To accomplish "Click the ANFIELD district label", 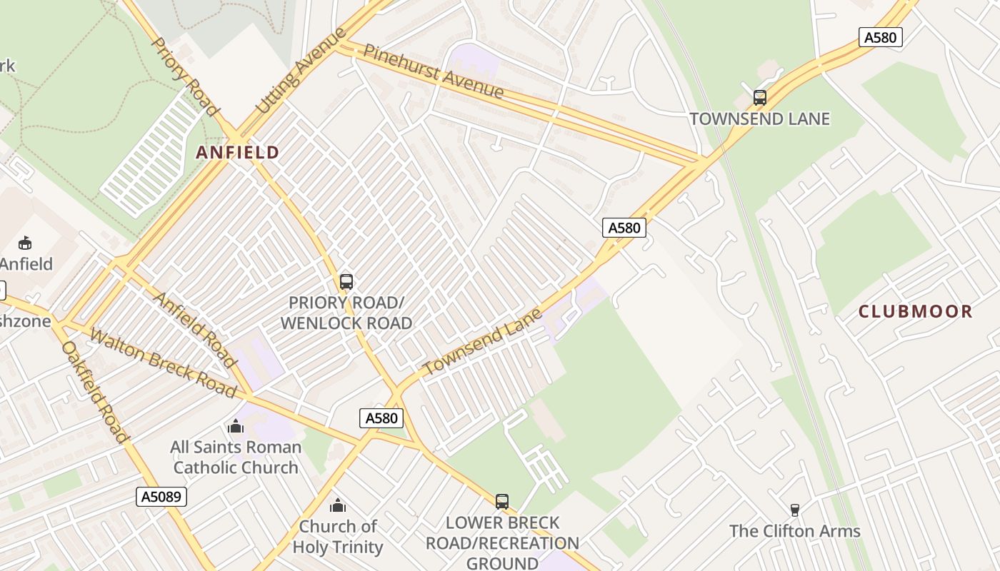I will [237, 152].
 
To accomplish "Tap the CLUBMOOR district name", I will [915, 311].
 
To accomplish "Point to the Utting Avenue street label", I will [301, 71].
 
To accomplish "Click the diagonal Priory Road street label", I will [184, 76].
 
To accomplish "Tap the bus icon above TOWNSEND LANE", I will [760, 98].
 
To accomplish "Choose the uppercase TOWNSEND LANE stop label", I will [759, 118].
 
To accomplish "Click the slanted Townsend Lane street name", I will [482, 341].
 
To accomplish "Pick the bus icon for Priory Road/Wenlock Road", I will [346, 282].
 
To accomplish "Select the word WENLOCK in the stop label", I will [315, 323].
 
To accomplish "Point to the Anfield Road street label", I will [195, 330].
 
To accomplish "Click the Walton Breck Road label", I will [163, 363].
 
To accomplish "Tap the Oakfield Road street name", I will [95, 391].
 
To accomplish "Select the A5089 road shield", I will [161, 497].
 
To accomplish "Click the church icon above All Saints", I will [236, 427].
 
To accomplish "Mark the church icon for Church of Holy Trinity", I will [338, 505].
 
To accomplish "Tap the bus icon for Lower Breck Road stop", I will [502, 502].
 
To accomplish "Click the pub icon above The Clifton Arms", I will [794, 510].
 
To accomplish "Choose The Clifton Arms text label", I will [794, 531].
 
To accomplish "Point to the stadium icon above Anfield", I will [25, 243].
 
